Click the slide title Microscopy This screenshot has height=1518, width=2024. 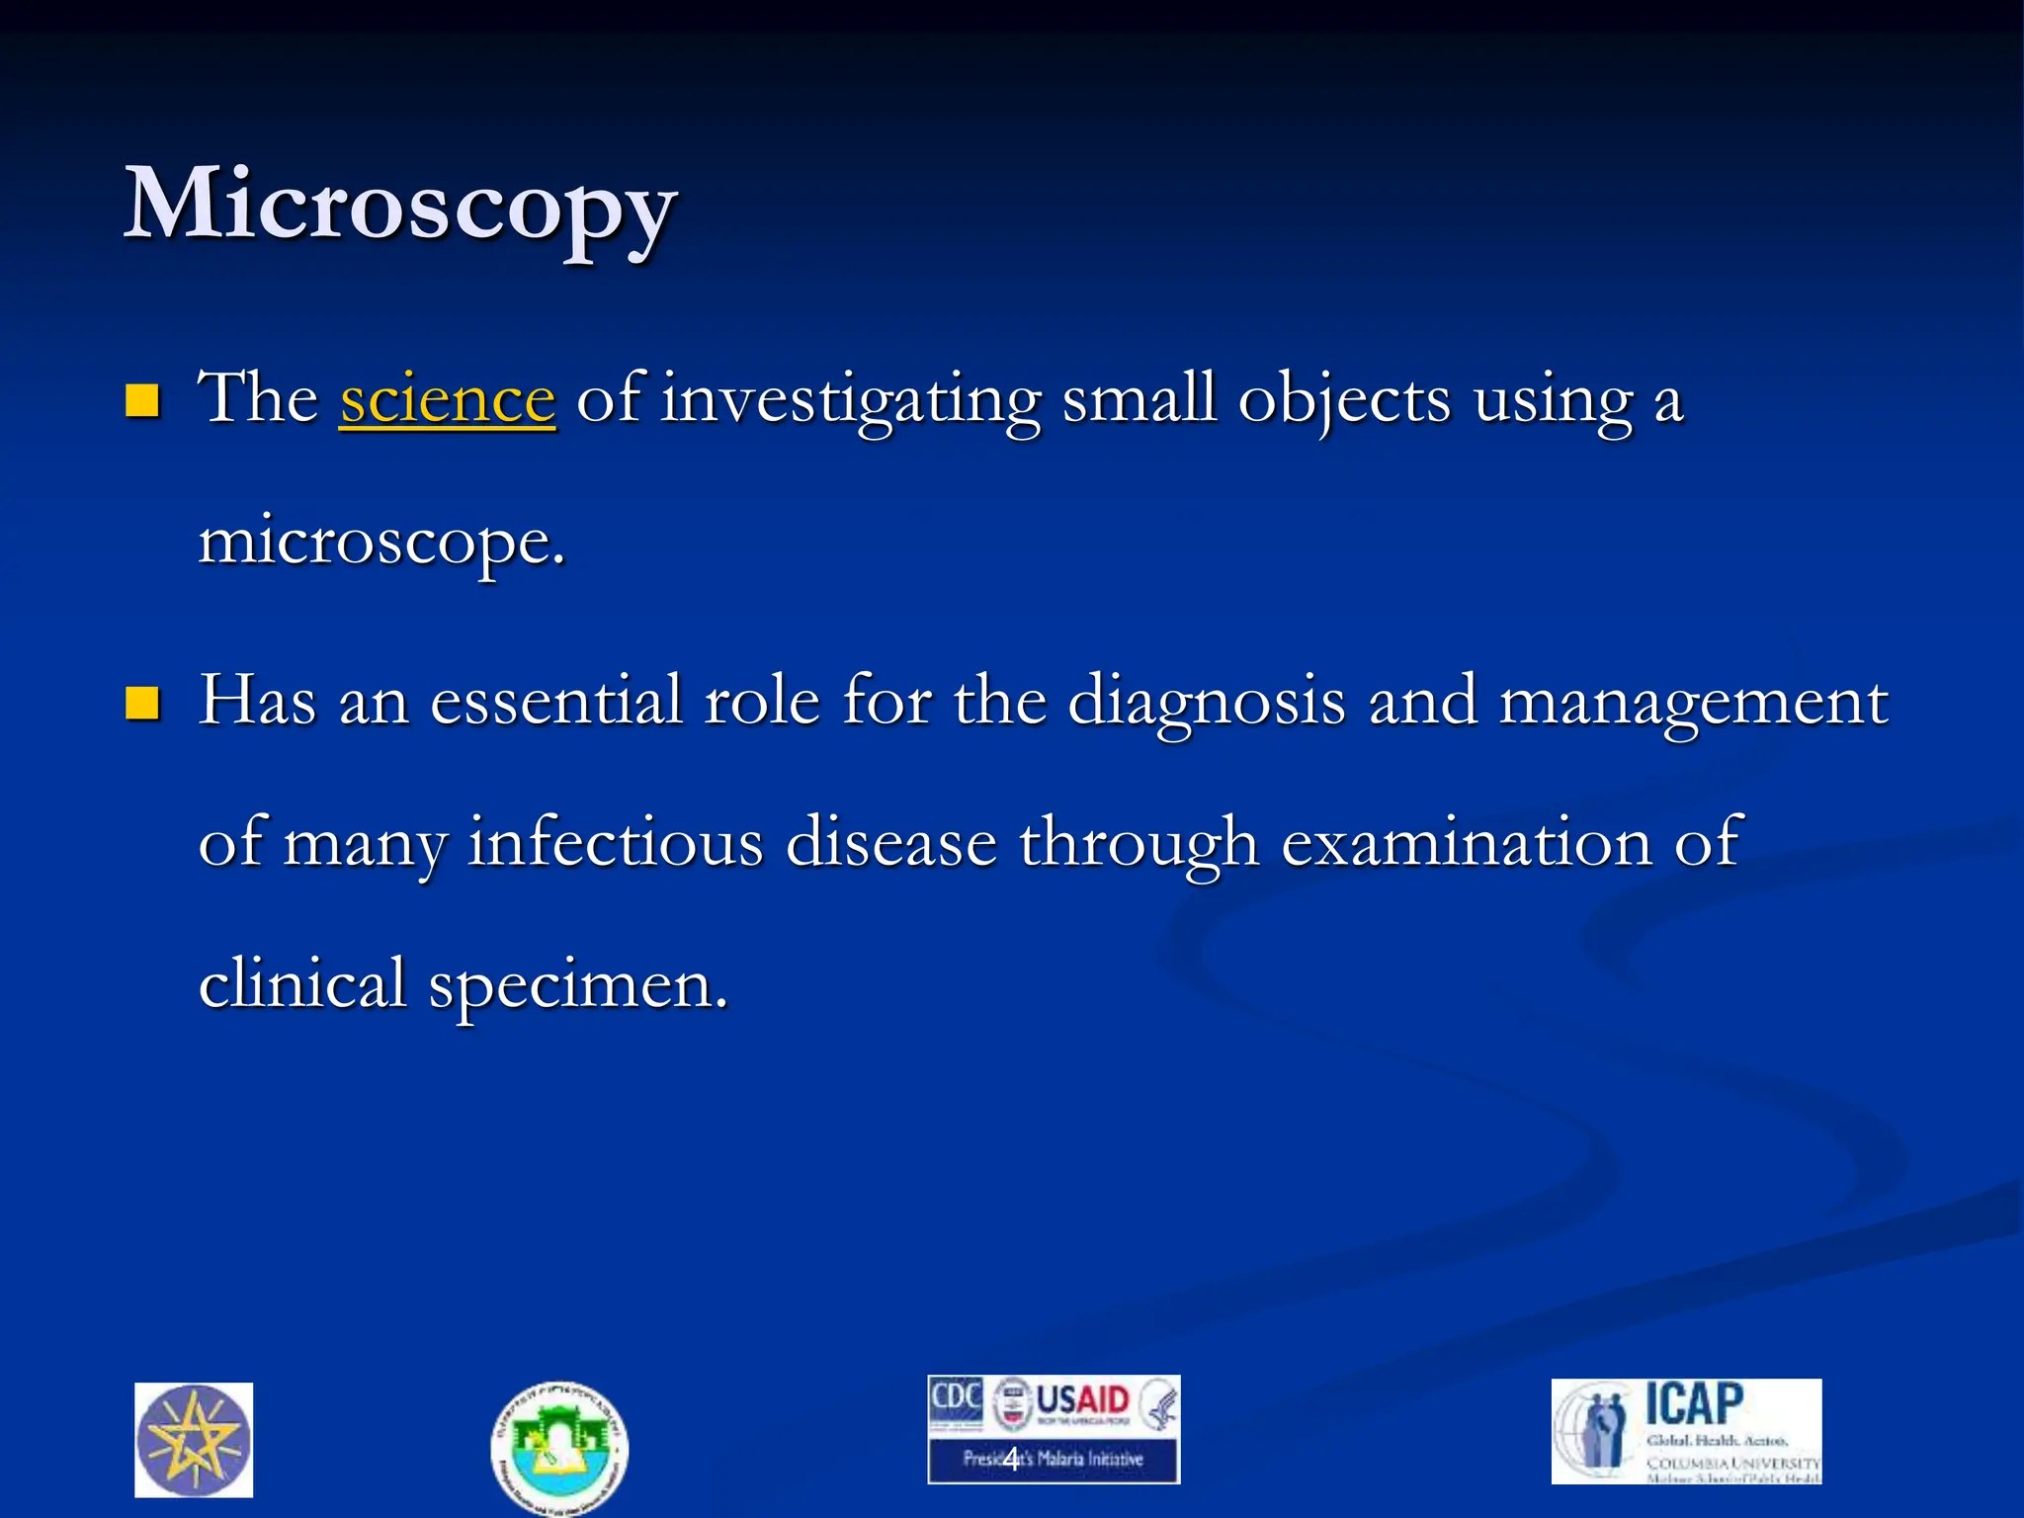click(x=400, y=206)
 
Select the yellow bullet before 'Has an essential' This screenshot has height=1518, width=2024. click(x=143, y=703)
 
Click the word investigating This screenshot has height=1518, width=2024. click(x=851, y=400)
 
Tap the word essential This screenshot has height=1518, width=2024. click(x=556, y=701)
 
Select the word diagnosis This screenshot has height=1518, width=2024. click(x=1207, y=703)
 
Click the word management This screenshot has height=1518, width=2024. click(x=1693, y=703)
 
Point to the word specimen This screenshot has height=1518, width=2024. click(x=577, y=985)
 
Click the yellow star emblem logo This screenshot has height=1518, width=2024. click(x=194, y=1439)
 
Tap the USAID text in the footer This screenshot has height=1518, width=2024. click(x=1082, y=1400)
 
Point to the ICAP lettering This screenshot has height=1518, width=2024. click(x=1694, y=1403)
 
